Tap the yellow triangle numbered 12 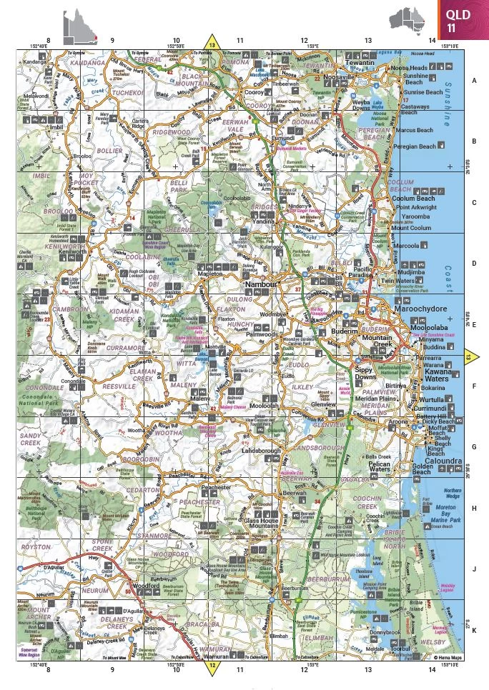212,667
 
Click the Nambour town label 260,284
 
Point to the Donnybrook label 385,632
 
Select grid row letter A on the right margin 473,81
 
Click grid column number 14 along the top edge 432,41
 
